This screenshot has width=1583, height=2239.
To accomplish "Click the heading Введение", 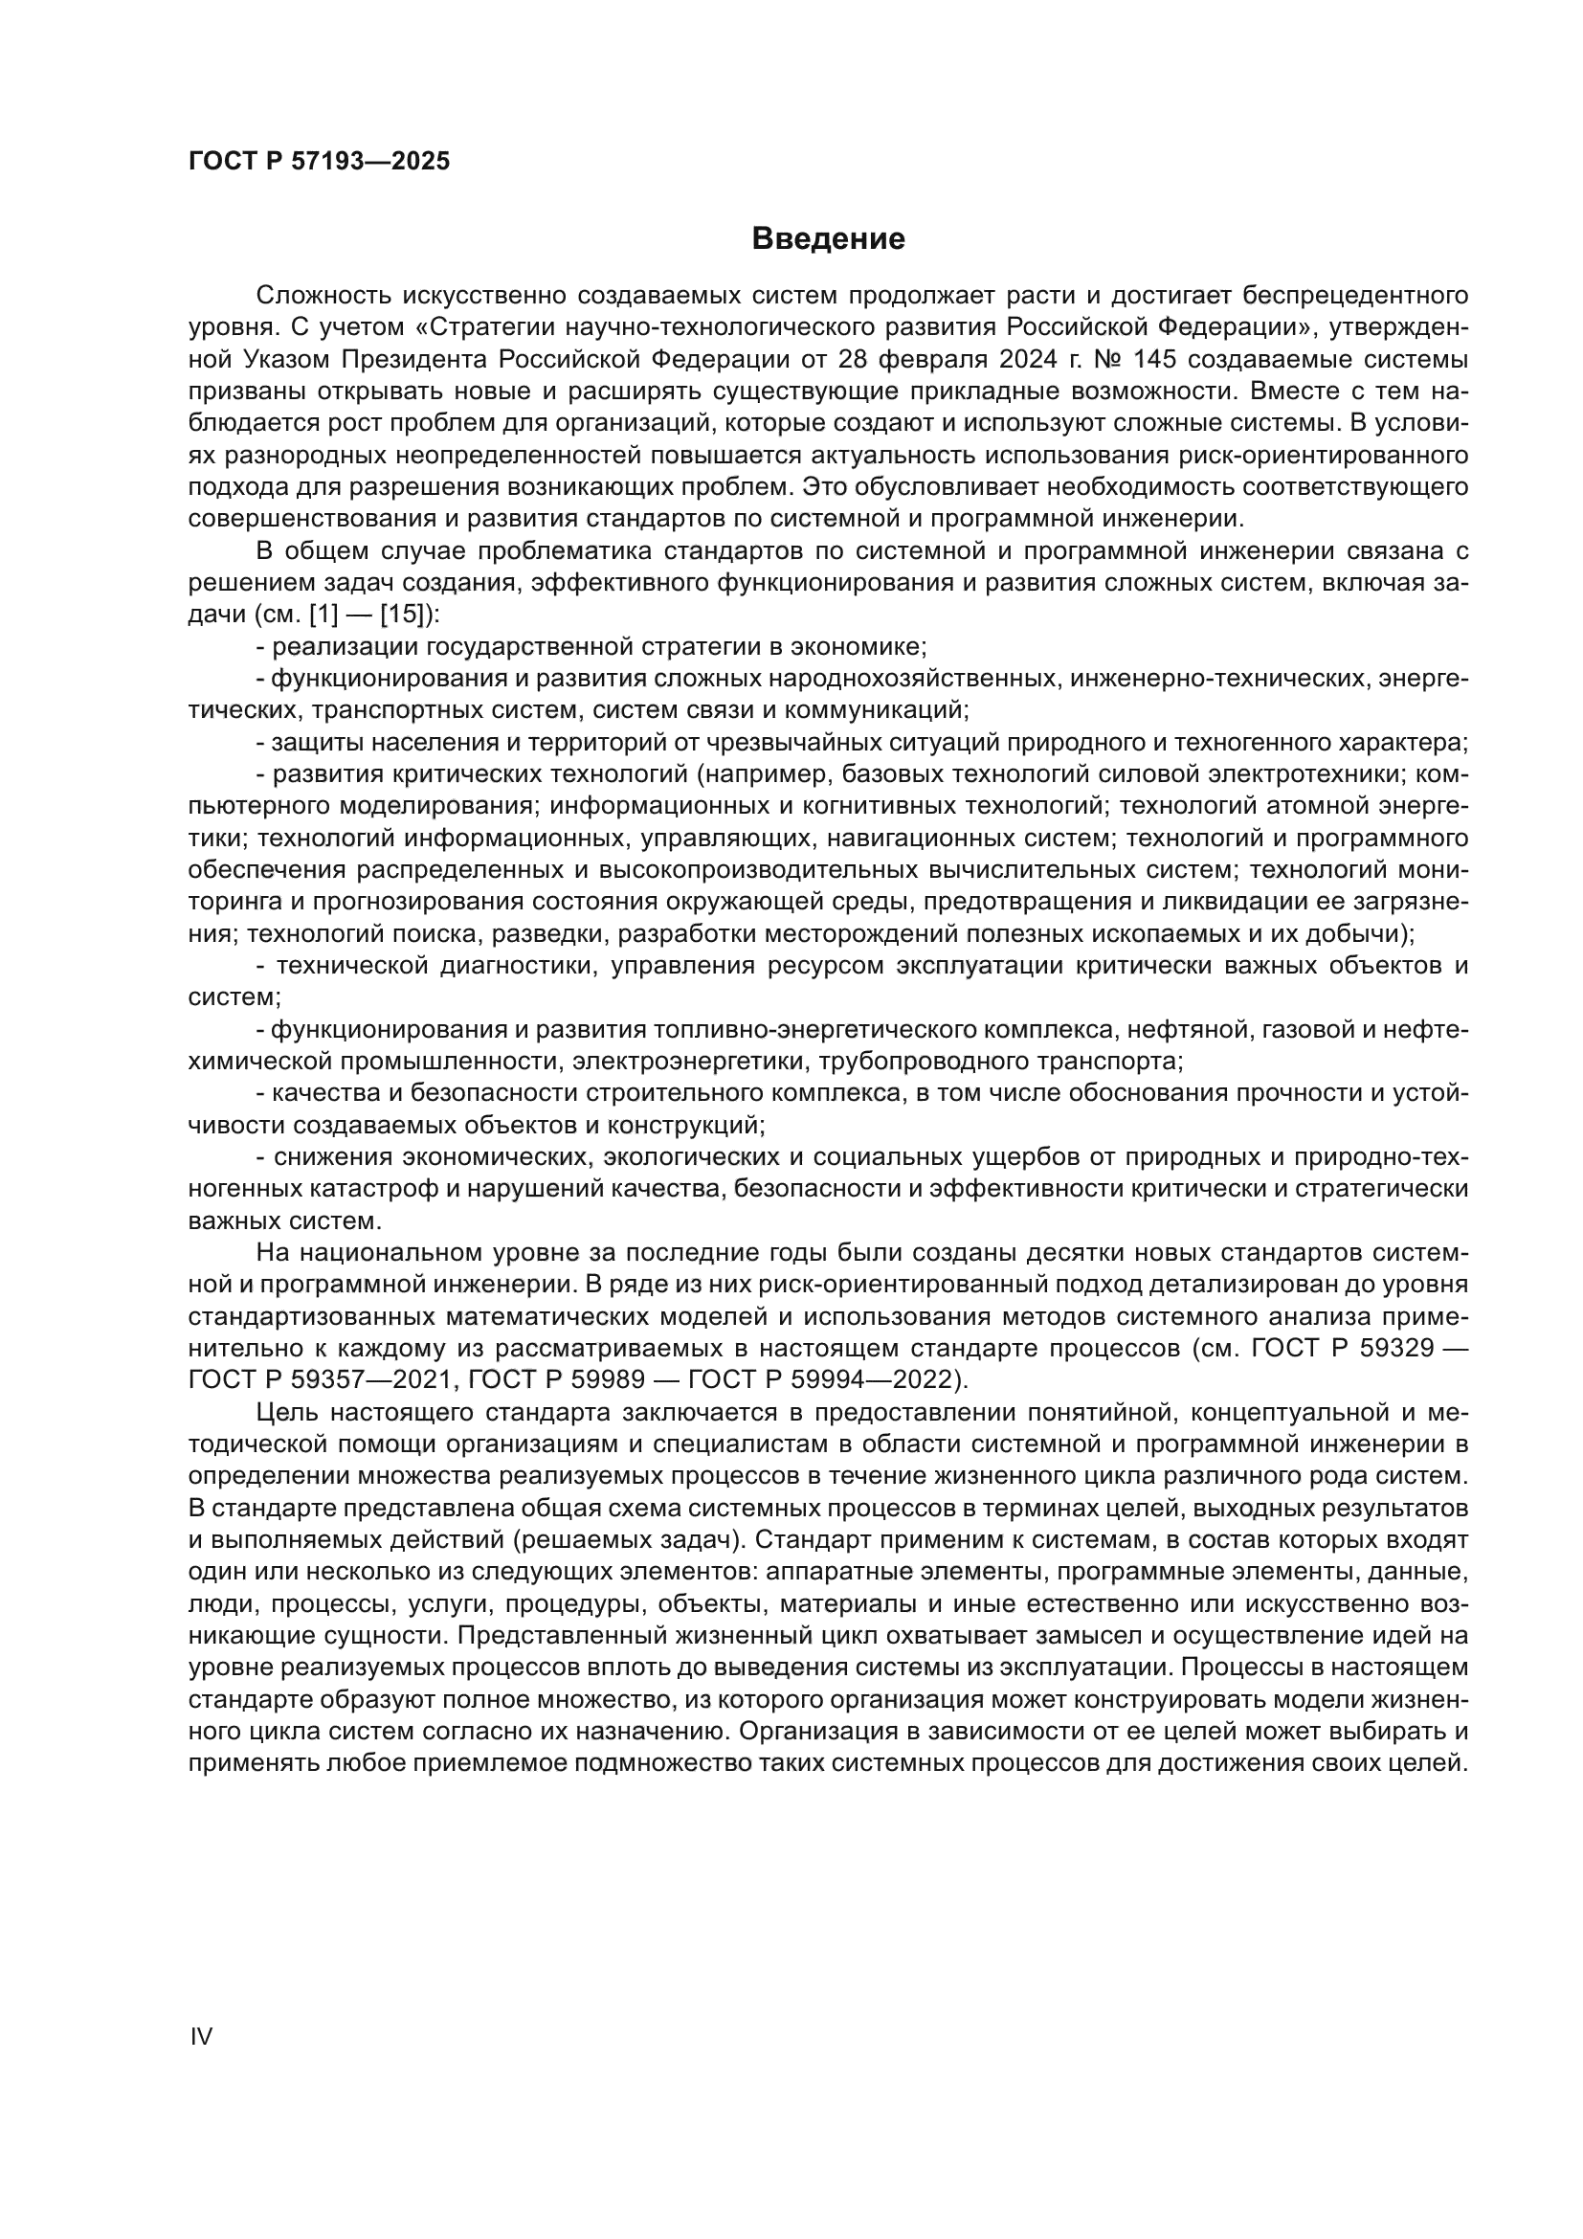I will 828,239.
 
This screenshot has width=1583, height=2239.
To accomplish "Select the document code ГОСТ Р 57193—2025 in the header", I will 319,162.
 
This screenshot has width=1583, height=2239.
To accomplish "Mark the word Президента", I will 415,359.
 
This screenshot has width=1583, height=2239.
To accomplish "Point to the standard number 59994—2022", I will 876,1381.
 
